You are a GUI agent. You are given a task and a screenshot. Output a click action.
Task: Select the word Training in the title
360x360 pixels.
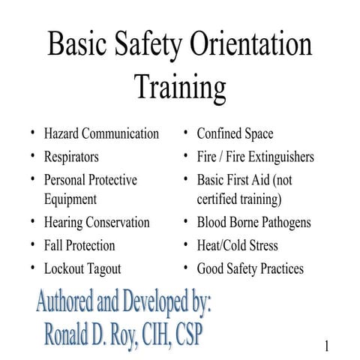point(180,87)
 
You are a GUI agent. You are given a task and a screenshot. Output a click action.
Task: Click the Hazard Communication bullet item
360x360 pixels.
point(101,134)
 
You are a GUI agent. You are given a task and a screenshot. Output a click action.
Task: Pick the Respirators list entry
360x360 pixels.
point(70,157)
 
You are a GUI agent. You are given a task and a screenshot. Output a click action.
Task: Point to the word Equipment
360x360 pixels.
point(70,199)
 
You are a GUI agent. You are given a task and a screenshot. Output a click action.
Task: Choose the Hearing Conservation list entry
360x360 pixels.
point(97,223)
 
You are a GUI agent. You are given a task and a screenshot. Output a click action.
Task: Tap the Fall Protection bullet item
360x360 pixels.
point(79,245)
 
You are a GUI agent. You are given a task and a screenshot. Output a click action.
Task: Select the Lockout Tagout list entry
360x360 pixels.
point(82,268)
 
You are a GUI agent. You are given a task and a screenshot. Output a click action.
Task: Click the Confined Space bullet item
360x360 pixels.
point(235,134)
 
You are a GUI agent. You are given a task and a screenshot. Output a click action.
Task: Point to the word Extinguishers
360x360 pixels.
point(275,157)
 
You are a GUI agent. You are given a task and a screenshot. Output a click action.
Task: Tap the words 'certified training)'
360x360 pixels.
point(239,199)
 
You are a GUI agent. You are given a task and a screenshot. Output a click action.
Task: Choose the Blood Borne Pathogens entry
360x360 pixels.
point(253,223)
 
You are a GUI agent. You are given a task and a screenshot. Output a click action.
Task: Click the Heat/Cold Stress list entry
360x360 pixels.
point(237,245)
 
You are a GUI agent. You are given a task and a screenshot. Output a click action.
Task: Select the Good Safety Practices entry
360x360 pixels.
point(250,268)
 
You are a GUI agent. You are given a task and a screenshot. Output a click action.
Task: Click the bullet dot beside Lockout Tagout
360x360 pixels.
point(33,266)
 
